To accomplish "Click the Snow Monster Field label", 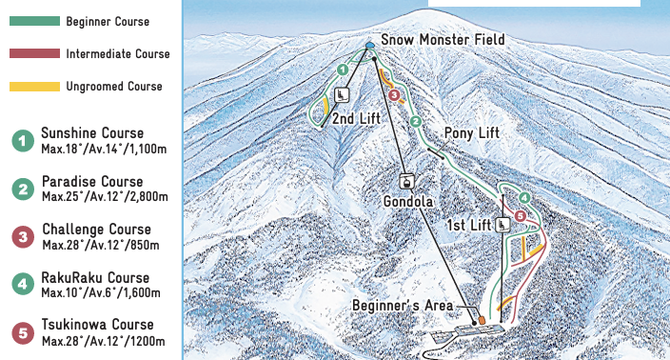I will pos(443,40).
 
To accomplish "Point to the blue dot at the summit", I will pos(370,45).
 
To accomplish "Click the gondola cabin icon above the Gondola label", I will pos(406,181).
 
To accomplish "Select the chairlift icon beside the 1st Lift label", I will pos(502,225).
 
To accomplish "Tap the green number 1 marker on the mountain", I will pos(342,70).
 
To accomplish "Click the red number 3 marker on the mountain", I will pos(393,94).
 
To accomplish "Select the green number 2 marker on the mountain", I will pos(415,121).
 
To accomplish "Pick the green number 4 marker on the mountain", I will pos(524,198).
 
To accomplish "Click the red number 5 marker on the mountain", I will pos(520,216).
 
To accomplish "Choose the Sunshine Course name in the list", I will pos(92,133).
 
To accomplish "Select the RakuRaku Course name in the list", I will pos(96,277).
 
